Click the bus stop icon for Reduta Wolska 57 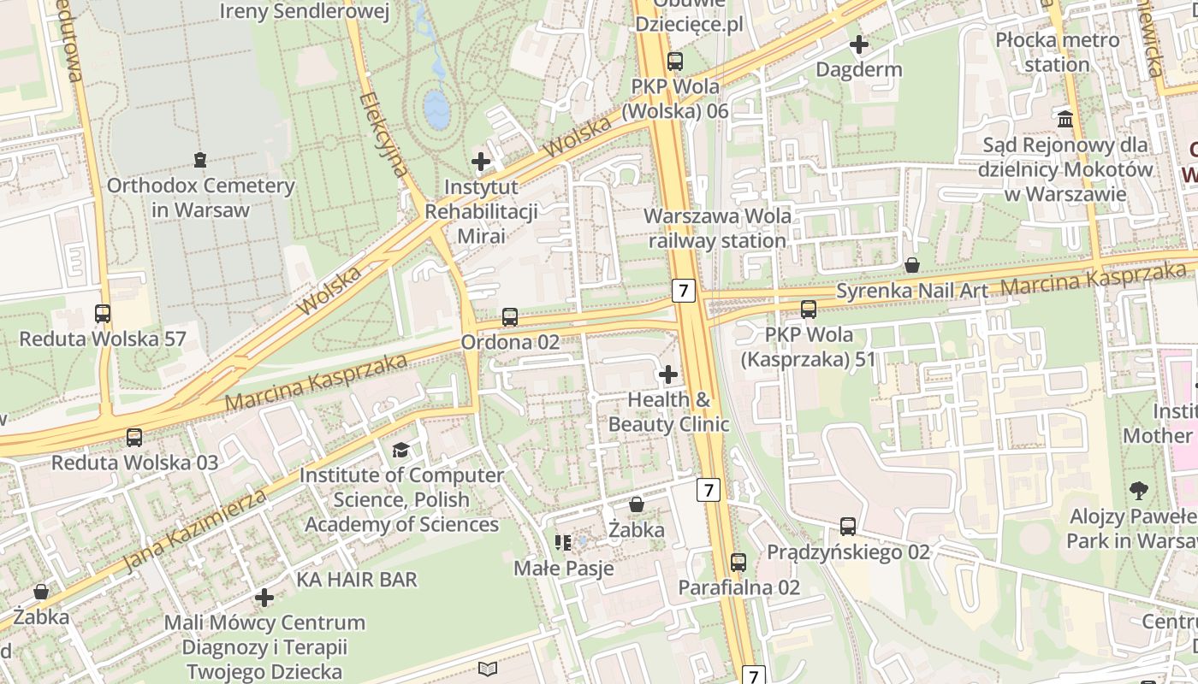103,314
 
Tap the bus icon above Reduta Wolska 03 134,438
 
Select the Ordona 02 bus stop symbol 510,317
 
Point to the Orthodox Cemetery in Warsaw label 200,198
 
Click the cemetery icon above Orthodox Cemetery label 200,159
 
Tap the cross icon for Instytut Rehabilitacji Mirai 481,161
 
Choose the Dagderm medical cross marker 859,44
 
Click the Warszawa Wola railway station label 717,228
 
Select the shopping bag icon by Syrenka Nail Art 912,265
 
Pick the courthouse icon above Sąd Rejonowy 1065,119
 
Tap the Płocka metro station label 1057,52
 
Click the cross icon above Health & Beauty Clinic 668,374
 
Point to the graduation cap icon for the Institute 400,450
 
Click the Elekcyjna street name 385,135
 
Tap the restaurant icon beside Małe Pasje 562,542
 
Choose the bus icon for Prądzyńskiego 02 848,526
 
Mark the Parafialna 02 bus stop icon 738,562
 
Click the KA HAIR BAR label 357,580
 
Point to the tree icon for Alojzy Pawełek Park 1138,491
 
